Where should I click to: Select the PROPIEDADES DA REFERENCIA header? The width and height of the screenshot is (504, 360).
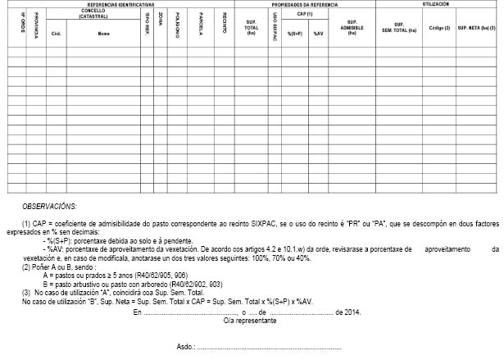[x=306, y=4]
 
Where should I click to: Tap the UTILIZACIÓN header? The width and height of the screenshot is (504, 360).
[x=435, y=4]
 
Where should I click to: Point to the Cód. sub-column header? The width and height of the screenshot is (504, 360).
[x=57, y=34]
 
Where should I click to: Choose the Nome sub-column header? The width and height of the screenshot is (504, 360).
[x=103, y=34]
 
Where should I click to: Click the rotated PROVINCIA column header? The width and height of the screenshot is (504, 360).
[x=36, y=27]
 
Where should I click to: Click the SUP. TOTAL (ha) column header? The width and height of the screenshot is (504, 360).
[x=252, y=26]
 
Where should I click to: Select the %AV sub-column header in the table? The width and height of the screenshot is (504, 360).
[x=318, y=34]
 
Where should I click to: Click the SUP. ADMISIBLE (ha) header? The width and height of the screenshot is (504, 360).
[x=352, y=26]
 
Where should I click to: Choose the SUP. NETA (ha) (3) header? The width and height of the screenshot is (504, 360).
[x=476, y=27]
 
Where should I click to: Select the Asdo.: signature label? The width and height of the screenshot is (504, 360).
[x=186, y=347]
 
